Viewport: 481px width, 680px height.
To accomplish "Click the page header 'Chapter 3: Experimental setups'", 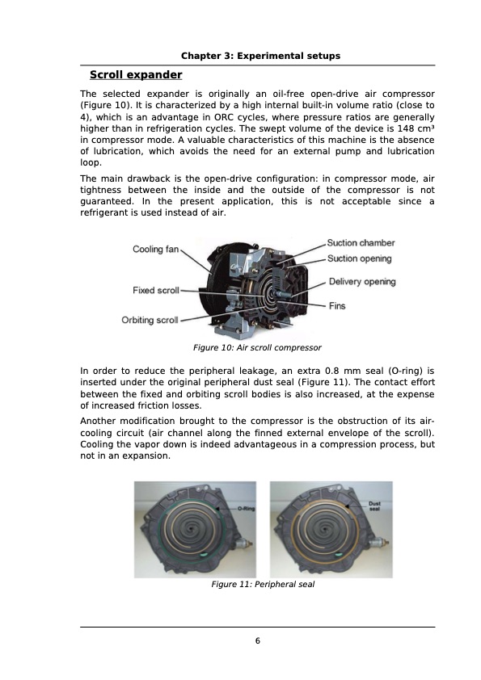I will tap(259, 56).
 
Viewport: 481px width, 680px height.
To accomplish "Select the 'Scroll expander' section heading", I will tap(136, 75).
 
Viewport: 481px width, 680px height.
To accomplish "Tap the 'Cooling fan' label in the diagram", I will tap(155, 250).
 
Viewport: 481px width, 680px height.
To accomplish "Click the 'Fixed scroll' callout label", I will tap(155, 290).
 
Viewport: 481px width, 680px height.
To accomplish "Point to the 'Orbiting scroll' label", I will tap(150, 320).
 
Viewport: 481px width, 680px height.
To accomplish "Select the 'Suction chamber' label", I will tap(361, 242).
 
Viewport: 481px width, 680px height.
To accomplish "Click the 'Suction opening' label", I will tap(360, 258).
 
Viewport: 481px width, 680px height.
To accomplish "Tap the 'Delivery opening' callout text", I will tap(362, 282).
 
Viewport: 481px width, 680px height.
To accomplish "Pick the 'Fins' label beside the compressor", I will tap(337, 306).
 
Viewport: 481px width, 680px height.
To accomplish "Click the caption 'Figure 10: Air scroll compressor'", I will tap(257, 347).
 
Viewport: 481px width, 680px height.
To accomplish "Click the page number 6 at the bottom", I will tap(257, 641).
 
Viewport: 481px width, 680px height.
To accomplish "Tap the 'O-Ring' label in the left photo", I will tap(247, 509).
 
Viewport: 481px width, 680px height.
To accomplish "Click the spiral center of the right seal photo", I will tap(330, 530).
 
